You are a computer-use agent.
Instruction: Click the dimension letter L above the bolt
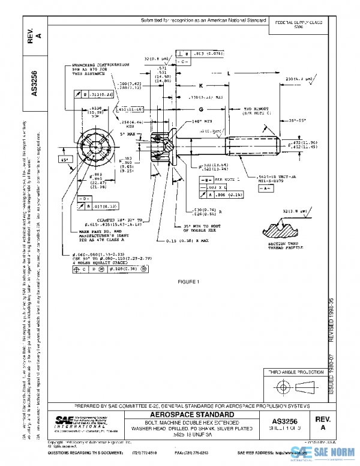(229, 73)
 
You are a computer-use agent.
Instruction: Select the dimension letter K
(201, 85)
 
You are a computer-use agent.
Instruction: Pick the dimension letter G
(202, 110)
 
